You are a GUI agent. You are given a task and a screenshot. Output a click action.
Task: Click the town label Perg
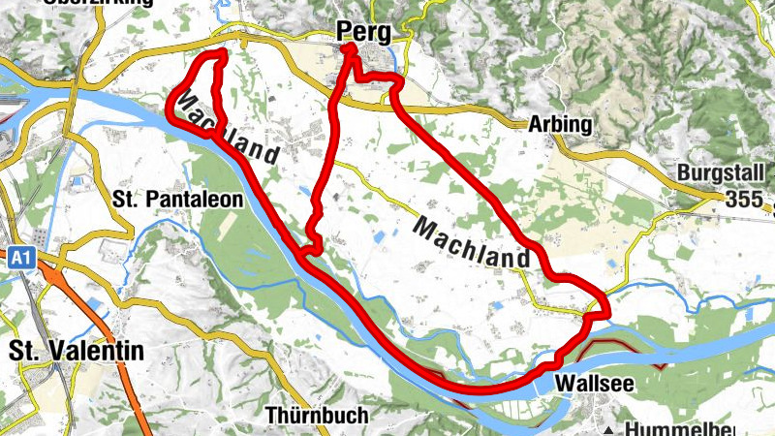[x=364, y=32]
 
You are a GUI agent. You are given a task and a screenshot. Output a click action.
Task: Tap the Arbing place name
[x=557, y=125]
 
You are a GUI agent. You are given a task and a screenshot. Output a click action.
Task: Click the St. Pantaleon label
[x=170, y=200]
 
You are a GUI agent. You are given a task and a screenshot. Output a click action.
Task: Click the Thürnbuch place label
[x=316, y=416]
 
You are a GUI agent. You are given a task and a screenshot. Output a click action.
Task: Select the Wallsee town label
[x=596, y=384]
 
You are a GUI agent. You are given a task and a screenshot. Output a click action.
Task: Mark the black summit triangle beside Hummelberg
[x=608, y=428]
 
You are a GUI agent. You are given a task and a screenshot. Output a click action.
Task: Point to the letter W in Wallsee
[x=565, y=384]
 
